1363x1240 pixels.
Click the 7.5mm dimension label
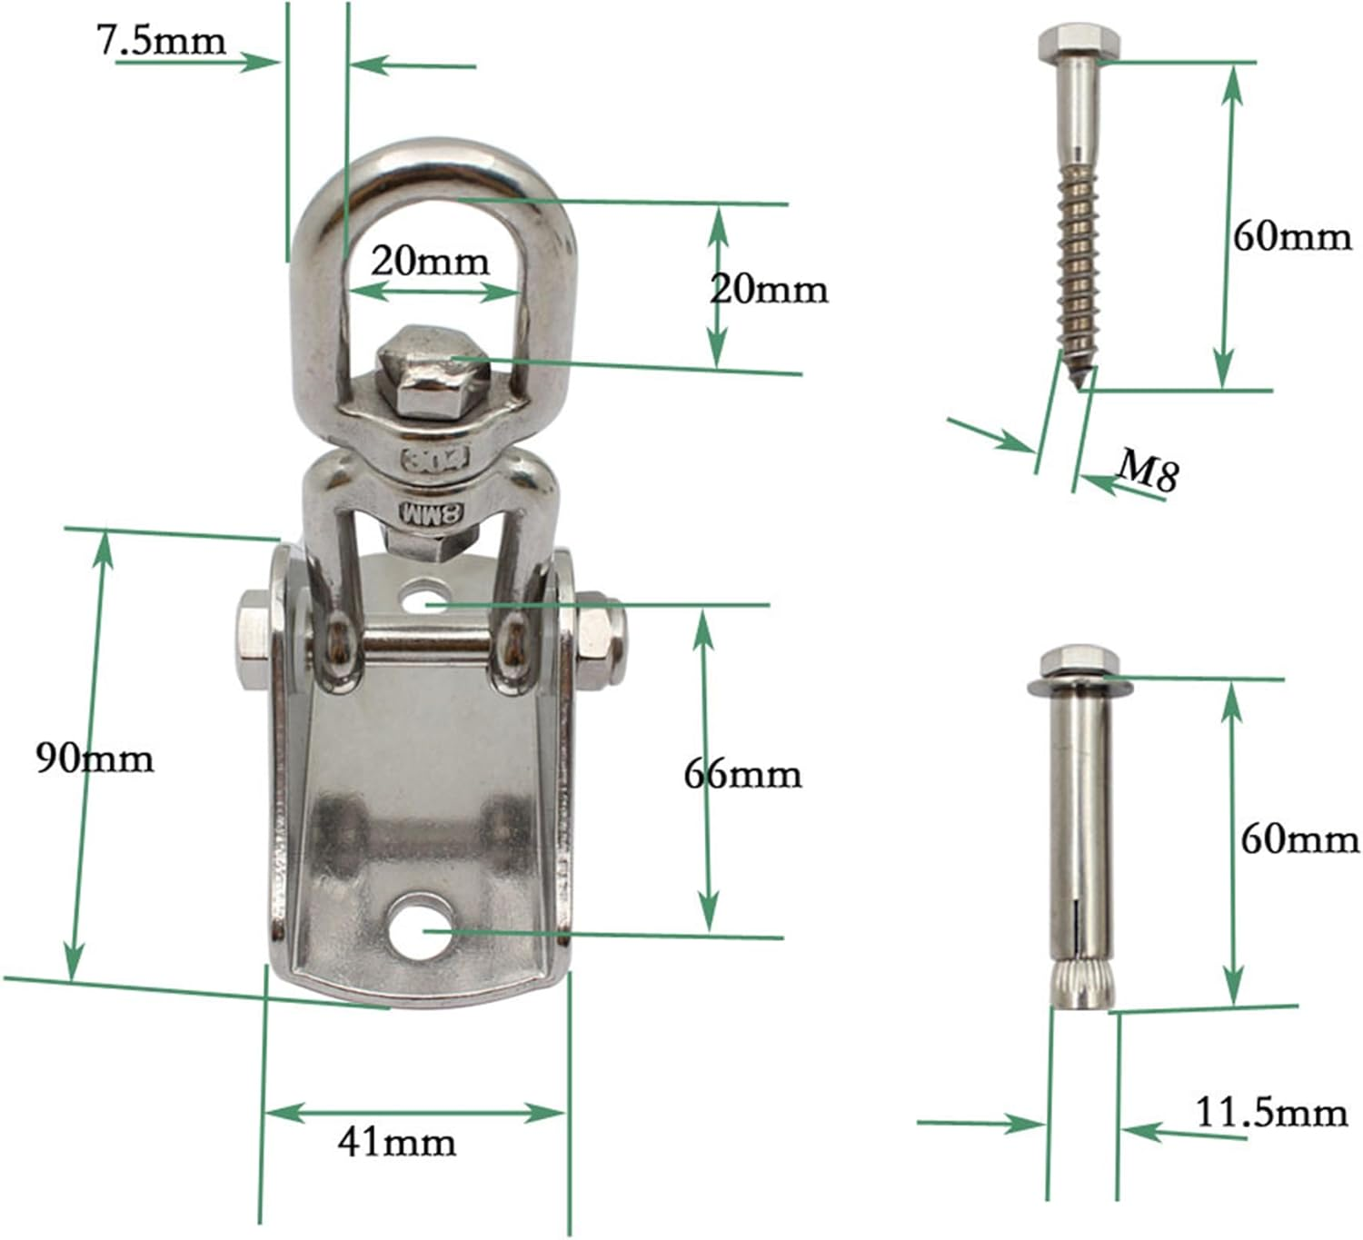161,41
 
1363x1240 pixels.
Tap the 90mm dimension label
95,757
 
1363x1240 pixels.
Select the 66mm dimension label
742,774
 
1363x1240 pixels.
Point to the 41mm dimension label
397,1141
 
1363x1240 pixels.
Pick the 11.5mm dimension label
1270,1112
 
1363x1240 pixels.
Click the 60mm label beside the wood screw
1291,237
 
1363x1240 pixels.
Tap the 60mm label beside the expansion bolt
1299,839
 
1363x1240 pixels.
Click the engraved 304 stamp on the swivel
433,457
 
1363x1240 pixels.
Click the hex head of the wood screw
1079,44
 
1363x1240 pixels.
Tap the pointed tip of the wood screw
1079,383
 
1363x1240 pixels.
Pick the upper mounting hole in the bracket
421,600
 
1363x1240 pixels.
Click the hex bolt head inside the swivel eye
428,371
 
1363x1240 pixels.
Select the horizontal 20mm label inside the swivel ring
430,262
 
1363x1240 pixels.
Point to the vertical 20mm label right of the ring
769,289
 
